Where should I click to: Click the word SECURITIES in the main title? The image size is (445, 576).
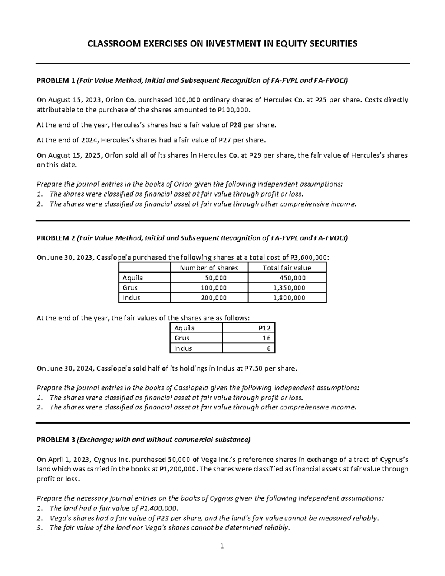[x=330, y=44]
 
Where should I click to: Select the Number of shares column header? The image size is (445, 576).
[x=209, y=268]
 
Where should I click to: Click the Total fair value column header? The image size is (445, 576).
[x=287, y=268]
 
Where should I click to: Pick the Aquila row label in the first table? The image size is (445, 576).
[x=132, y=278]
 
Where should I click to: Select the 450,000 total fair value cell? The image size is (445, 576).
[x=293, y=278]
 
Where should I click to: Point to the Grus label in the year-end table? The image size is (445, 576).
[x=182, y=338]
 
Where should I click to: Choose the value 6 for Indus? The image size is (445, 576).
[x=269, y=348]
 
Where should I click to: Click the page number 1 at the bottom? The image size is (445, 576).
[x=222, y=546]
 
